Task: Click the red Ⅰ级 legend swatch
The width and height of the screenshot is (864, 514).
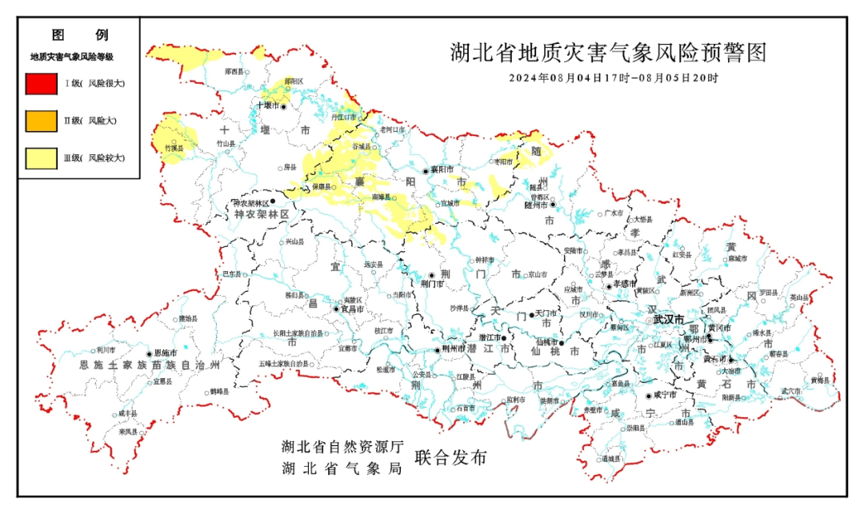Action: coord(41,83)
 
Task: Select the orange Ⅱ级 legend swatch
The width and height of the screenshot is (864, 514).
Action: coord(41,121)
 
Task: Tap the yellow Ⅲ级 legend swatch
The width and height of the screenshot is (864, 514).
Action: coord(41,158)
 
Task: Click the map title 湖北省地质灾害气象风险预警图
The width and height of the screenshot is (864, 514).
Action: coord(608,54)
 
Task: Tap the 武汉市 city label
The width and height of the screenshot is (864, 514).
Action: coord(668,319)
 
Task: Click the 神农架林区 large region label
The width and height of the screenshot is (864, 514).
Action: coord(262,216)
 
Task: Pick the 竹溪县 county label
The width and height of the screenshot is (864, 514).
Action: coord(174,149)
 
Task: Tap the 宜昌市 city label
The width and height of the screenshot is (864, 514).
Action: coord(353,309)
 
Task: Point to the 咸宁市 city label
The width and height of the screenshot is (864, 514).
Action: coord(665,395)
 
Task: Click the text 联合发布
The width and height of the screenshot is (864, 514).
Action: coord(450,458)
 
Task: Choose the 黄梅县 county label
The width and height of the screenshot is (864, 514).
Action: coord(820,380)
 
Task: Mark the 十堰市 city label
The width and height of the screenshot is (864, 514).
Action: coord(267,106)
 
